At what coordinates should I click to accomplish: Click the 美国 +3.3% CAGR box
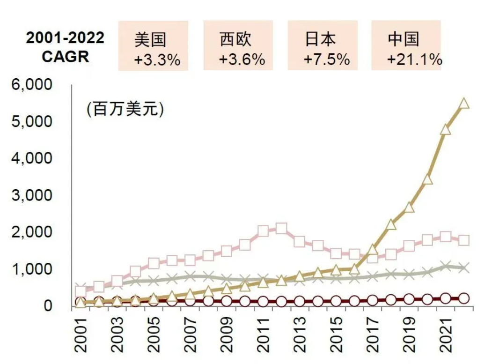153,46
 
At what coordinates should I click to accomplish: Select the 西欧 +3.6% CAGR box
238,46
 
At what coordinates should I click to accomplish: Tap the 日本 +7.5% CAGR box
323,46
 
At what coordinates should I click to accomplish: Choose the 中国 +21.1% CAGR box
406,46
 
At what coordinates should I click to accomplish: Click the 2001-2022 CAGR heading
65,47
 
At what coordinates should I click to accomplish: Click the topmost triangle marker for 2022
464,104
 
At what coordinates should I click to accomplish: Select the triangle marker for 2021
446,129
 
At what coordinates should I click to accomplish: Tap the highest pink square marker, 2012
281,229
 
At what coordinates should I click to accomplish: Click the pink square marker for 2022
464,240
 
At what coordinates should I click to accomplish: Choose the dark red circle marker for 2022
464,298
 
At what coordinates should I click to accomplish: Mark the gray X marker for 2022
464,268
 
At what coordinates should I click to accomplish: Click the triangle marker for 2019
409,207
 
